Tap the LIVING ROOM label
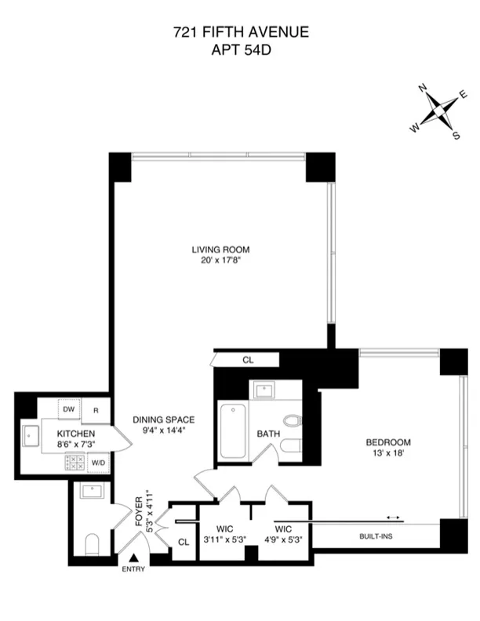220,250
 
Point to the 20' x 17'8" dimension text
220,261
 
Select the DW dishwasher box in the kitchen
68,409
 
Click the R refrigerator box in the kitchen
96,410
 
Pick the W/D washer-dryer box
99,463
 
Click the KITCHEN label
75,434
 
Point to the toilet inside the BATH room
293,420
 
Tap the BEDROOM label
388,442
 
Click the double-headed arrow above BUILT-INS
393,517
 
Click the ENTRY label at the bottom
133,568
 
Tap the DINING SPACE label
163,419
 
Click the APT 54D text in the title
240,50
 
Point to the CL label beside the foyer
184,541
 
